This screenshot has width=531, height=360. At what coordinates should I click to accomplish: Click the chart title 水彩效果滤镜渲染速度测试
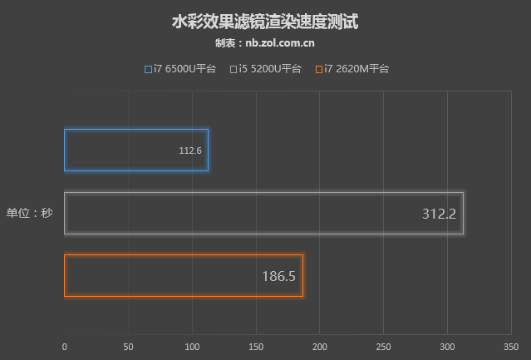point(265,21)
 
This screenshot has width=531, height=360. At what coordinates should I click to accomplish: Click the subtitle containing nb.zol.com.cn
point(265,43)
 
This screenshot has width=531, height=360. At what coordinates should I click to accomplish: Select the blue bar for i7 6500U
point(135,150)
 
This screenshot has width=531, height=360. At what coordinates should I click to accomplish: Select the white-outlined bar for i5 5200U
point(263,214)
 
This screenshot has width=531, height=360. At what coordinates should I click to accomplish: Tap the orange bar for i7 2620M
point(183,276)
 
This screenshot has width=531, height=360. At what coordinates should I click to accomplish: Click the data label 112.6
point(190,151)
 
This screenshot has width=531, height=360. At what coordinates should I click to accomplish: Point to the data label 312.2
point(439,214)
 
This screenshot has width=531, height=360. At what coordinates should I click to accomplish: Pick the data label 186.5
point(278,276)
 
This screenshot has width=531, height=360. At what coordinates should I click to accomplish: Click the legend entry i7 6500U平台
point(180,69)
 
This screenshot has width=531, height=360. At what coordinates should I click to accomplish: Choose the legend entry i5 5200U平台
point(266,69)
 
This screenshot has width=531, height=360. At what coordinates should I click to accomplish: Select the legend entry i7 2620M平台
point(352,69)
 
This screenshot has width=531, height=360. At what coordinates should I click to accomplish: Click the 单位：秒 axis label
point(30,214)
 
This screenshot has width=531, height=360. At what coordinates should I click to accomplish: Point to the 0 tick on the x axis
point(65,347)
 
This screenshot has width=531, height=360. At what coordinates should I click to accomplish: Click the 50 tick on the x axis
point(128,347)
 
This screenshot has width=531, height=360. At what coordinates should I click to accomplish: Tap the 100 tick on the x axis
point(192,347)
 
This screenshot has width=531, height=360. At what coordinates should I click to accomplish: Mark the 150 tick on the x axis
point(256,347)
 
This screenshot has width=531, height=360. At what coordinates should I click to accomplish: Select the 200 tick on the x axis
point(320,347)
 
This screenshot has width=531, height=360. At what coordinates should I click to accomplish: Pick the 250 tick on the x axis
point(383,347)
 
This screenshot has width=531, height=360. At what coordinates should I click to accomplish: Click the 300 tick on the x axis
point(447,347)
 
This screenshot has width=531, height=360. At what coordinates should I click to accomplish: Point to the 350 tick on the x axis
point(511,347)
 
